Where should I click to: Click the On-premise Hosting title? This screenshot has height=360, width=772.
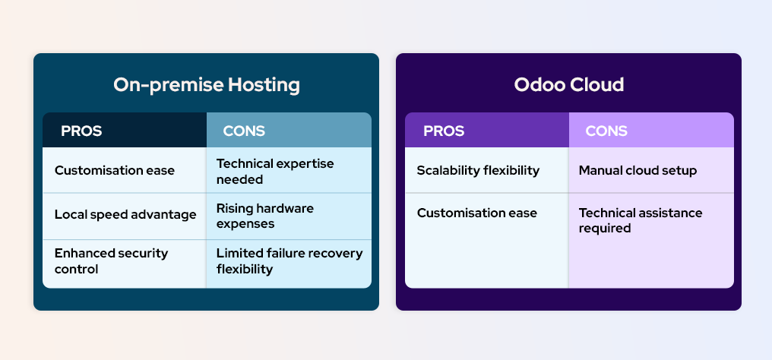[206, 85]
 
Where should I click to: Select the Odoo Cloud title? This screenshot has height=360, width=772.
[568, 85]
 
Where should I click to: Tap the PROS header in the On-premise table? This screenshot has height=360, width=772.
[81, 131]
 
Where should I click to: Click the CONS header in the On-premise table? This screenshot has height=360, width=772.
[244, 131]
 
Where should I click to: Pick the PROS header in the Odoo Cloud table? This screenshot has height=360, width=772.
[444, 131]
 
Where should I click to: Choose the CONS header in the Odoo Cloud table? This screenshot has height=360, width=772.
[606, 131]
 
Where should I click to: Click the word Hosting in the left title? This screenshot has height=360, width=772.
[264, 86]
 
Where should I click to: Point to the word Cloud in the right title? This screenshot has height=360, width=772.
[596, 85]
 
